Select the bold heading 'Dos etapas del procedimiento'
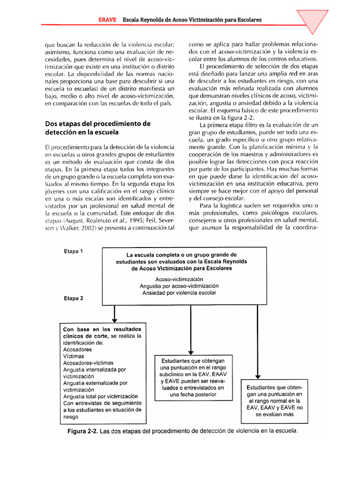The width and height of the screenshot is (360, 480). pyautogui.click(x=97, y=124)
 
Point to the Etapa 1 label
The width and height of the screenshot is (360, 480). pyautogui.click(x=73, y=251)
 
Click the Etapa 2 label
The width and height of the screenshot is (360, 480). pyautogui.click(x=73, y=298)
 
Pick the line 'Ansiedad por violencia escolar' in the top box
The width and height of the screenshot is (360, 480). pyautogui.click(x=179, y=292)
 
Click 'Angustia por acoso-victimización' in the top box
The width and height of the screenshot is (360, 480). pyautogui.click(x=179, y=286)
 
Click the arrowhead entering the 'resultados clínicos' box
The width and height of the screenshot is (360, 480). pyautogui.click(x=114, y=320)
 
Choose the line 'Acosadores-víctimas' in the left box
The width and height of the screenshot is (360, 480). pyautogui.click(x=88, y=363)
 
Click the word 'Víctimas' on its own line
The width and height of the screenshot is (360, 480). pyautogui.click(x=75, y=356)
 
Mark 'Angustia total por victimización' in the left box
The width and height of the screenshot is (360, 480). pyautogui.click(x=100, y=396)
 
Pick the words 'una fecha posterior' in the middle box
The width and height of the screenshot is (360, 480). pyautogui.click(x=193, y=395)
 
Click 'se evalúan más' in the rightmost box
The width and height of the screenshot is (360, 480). pyautogui.click(x=275, y=414)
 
